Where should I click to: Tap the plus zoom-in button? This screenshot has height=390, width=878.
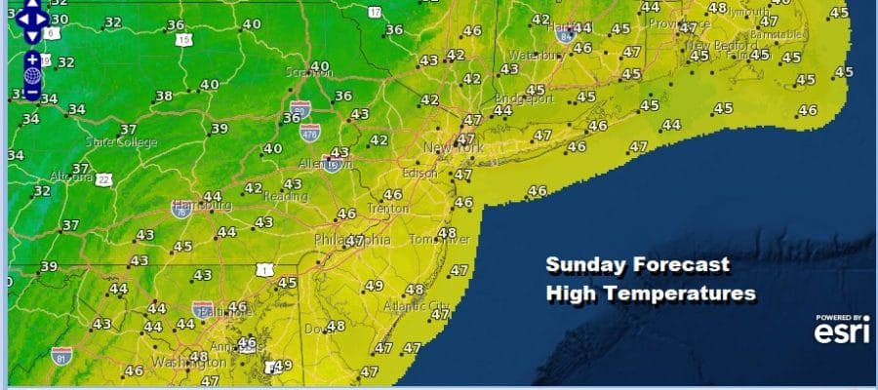coord(32,59)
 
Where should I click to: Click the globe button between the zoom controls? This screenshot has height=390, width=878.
coord(32,75)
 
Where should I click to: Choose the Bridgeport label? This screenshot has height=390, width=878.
coord(524,98)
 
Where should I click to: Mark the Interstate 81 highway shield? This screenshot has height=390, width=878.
coord(61,355)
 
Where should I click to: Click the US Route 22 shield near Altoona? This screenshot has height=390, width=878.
coord(103,179)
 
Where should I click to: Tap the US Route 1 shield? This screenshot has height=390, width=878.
coord(260,268)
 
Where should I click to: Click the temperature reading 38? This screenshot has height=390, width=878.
coord(163,97)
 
